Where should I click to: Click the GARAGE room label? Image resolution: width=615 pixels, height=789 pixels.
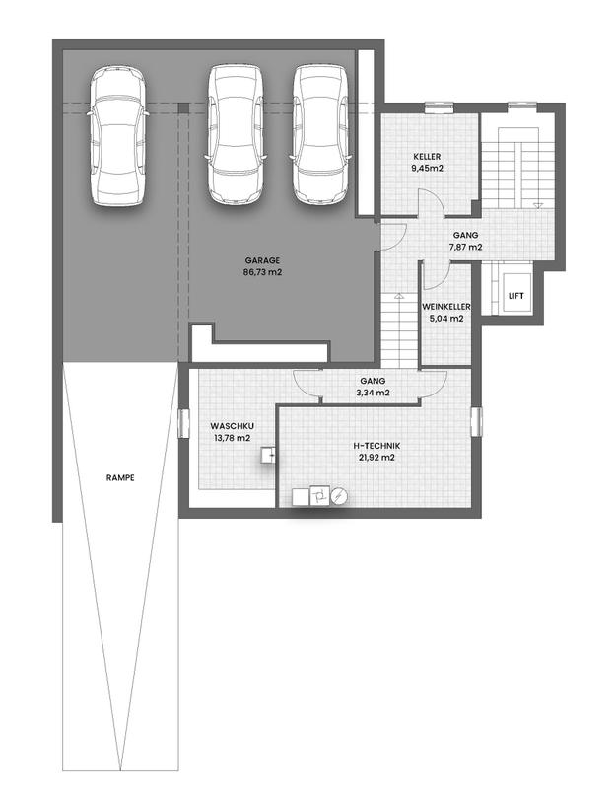(262, 260)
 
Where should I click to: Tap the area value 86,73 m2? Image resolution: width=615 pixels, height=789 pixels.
(262, 272)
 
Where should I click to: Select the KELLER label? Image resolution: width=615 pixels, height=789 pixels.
(427, 157)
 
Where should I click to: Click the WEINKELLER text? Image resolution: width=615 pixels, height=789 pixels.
(446, 307)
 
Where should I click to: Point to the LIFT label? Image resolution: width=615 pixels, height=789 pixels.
(515, 295)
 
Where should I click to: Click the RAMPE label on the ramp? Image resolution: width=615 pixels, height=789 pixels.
(120, 477)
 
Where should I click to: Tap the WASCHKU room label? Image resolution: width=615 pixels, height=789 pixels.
(232, 426)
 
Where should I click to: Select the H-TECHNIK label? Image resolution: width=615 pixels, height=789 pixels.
(376, 446)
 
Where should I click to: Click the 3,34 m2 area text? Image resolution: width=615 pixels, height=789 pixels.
(373, 393)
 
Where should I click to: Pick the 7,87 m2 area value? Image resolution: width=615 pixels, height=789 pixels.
(465, 247)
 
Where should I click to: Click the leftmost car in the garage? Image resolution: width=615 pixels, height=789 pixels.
(117, 136)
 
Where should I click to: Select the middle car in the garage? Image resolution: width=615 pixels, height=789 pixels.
(236, 134)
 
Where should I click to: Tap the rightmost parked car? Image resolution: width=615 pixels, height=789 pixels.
(320, 134)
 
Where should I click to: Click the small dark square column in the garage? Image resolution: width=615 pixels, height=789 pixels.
(184, 108)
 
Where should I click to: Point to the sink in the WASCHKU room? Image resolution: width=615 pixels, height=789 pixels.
(268, 455)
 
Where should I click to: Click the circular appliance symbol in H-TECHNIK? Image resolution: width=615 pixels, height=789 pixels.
(339, 496)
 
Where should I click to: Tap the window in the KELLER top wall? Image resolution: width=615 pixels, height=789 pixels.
(439, 108)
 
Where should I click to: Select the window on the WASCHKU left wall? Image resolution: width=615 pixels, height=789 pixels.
(183, 423)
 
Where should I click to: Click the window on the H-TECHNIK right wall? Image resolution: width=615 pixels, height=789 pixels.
(476, 421)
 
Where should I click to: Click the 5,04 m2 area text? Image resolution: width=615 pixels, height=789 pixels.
(446, 318)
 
